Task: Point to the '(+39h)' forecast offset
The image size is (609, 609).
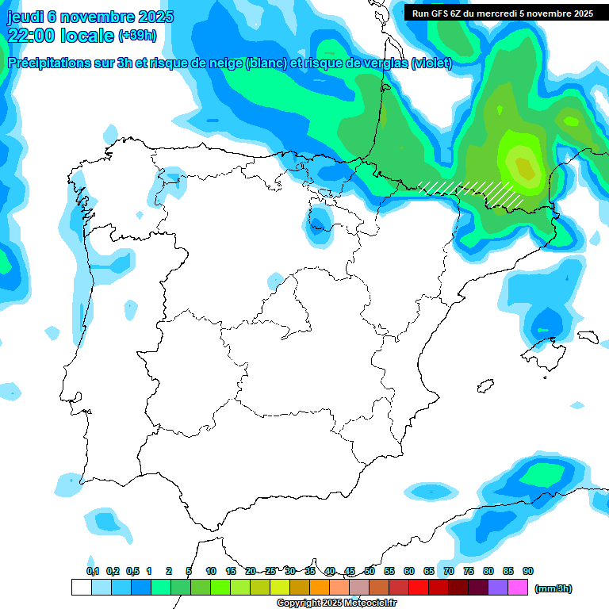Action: click(137, 36)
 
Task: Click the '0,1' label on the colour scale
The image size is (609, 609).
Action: click(93, 572)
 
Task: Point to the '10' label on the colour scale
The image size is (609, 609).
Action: click(211, 572)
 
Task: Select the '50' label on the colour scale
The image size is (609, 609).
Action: click(370, 572)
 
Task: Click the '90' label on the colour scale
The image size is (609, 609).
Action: click(528, 572)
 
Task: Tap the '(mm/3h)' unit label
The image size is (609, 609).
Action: click(553, 588)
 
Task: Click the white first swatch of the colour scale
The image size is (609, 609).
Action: click(81, 588)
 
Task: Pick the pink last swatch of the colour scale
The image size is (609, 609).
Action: click(518, 588)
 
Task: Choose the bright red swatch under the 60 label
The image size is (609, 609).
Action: click(419, 588)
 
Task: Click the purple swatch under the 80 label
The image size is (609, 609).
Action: click(498, 588)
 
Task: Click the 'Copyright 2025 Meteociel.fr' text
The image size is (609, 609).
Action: click(336, 603)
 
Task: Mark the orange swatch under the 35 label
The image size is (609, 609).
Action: click(320, 588)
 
